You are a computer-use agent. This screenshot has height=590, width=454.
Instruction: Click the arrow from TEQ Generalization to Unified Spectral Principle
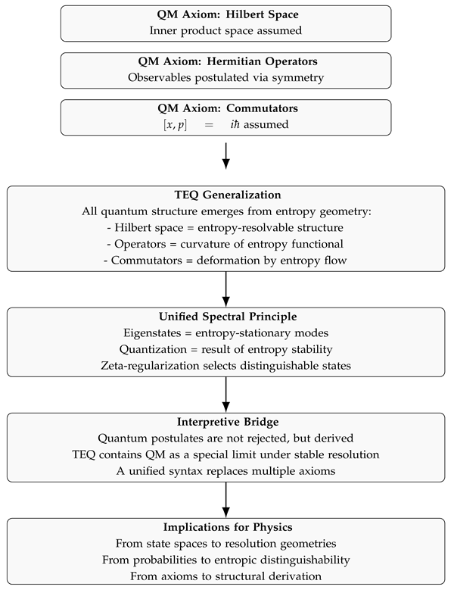pyautogui.click(x=225, y=289)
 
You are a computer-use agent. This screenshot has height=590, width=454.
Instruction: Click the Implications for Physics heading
pyautogui.click(x=225, y=529)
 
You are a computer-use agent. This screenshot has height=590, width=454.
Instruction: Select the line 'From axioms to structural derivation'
pyautogui.click(x=225, y=576)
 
